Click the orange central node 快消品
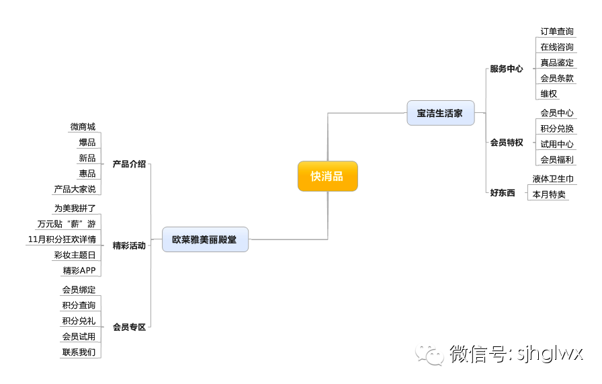click(327, 176)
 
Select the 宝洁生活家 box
click(440, 113)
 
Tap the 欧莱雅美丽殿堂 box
click(205, 239)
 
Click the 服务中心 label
click(506, 69)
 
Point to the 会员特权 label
click(506, 143)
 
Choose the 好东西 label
click(502, 193)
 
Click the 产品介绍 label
click(129, 164)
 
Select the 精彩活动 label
click(129, 245)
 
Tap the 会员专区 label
click(129, 327)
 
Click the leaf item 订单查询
click(557, 32)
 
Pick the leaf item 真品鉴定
click(557, 63)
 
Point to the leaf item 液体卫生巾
click(553, 179)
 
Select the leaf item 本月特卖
click(549, 194)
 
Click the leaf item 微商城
click(83, 127)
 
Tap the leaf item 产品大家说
click(75, 189)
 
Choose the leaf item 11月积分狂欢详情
click(62, 239)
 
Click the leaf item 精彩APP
click(79, 270)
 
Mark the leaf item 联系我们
click(79, 352)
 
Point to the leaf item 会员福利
click(557, 159)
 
